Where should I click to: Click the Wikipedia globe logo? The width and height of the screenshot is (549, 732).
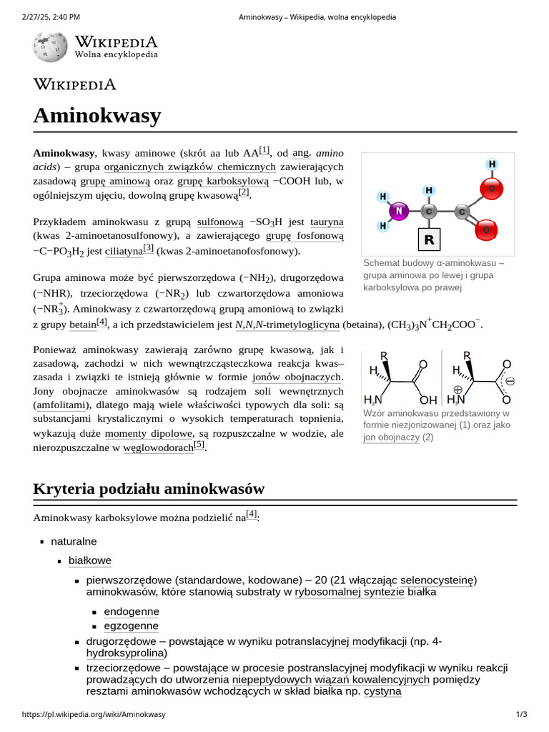pos(50,46)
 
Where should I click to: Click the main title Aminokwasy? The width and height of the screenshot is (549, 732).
pos(97,116)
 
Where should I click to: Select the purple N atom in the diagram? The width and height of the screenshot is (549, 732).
pos(399,212)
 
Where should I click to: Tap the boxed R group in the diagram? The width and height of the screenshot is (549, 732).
pos(429,239)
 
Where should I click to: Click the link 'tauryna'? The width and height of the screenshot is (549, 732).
pos(327,222)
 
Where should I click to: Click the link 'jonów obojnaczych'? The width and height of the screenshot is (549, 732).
pos(297,377)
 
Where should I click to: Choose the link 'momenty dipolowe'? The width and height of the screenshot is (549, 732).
pos(149,433)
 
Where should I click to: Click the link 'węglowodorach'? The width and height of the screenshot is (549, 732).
pos(158,448)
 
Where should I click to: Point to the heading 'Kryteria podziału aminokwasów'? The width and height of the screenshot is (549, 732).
pos(149,490)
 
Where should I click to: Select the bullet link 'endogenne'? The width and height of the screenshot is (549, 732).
pos(132,612)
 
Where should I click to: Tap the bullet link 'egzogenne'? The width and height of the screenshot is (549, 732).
pos(132,626)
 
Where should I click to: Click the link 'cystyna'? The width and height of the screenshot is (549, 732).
pos(382,691)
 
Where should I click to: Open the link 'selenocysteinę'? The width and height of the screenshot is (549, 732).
pos(437,579)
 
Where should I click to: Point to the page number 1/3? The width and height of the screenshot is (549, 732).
pos(521,714)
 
